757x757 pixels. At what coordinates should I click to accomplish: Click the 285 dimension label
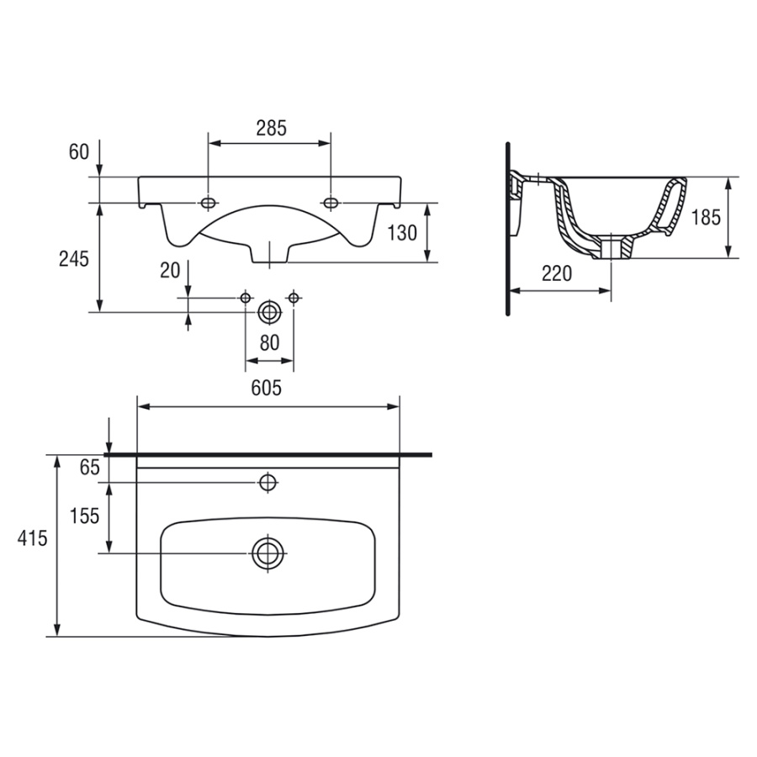click(x=272, y=128)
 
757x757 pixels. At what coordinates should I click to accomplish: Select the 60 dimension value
click(x=78, y=152)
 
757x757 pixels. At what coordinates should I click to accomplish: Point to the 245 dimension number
click(x=74, y=260)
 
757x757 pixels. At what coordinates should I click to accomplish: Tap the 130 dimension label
click(x=402, y=233)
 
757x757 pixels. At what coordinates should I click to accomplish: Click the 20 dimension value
click(x=171, y=270)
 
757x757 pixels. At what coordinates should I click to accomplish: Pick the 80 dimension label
click(x=269, y=343)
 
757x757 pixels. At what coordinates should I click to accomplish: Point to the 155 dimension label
click(x=85, y=516)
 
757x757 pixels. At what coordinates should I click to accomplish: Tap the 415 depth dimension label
click(x=31, y=539)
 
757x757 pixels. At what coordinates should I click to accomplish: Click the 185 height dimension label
click(x=705, y=217)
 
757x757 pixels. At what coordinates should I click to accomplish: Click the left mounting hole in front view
click(x=208, y=203)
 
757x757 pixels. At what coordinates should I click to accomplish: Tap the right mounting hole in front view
click(x=331, y=203)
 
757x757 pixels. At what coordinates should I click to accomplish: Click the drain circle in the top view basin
click(x=268, y=553)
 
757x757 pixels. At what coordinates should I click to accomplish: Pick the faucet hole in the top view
click(x=268, y=482)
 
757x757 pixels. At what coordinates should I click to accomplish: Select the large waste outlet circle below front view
click(x=269, y=312)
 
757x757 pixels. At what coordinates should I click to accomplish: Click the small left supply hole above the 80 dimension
click(x=246, y=297)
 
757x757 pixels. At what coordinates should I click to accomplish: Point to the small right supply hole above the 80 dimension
click(x=293, y=297)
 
